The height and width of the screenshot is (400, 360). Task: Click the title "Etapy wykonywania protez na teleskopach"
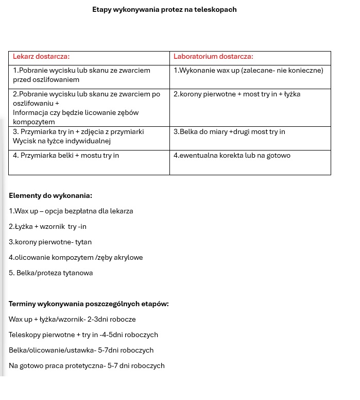[x=164, y=9]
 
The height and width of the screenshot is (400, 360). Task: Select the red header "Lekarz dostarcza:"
[x=41, y=57]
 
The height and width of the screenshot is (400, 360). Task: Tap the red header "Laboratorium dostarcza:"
[x=213, y=57]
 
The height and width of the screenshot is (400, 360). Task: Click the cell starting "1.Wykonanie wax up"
[x=248, y=70]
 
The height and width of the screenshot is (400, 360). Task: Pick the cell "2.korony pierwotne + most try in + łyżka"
[x=237, y=94]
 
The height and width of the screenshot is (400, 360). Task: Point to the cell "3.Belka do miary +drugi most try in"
[x=229, y=132]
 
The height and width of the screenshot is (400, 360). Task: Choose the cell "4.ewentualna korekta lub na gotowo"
[x=232, y=156]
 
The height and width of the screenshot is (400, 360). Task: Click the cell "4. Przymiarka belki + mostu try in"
[x=66, y=156]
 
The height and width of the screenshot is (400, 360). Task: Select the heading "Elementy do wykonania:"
[x=50, y=196]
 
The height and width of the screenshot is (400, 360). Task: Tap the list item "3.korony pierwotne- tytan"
[x=50, y=242]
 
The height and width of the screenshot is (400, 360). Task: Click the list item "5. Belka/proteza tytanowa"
[x=51, y=273]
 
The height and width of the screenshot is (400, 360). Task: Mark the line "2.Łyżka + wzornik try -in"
[x=47, y=227]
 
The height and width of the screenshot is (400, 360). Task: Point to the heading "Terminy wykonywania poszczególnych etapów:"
[x=89, y=304]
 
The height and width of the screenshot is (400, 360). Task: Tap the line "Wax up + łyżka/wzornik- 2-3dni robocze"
[x=72, y=320]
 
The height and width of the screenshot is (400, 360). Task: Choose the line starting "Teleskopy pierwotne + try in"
[x=83, y=335]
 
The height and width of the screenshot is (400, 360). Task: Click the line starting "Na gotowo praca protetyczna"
[x=87, y=366]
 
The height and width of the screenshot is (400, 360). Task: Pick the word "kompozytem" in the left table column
[x=33, y=122]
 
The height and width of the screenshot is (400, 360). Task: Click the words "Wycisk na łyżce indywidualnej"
[x=62, y=141]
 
